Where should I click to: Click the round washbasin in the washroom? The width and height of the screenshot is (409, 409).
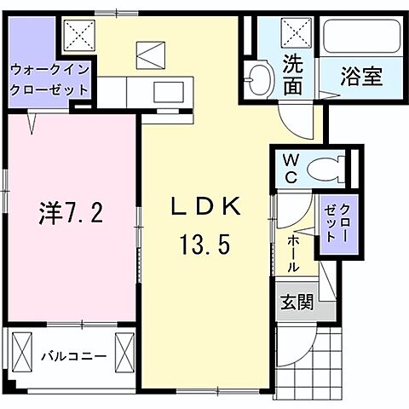point(258,83)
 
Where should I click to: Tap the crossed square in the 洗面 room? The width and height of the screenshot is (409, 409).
point(298,37)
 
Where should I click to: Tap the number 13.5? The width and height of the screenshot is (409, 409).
point(204,246)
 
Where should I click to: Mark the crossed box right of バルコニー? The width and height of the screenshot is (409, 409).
point(125,351)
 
